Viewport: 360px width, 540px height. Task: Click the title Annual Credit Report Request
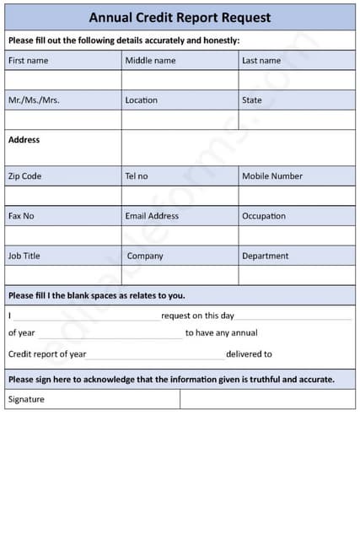[180, 17]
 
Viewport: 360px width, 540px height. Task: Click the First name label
[28, 61]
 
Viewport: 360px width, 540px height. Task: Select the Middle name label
[150, 61]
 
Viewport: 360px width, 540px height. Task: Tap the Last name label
[261, 61]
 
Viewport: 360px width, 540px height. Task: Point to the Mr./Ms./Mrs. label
[34, 100]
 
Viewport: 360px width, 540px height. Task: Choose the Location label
[141, 100]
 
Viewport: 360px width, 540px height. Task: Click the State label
[252, 100]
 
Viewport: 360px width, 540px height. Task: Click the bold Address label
[24, 140]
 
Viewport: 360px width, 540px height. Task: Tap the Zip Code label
[24, 176]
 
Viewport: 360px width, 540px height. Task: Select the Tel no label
[136, 176]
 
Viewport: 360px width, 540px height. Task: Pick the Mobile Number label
[272, 176]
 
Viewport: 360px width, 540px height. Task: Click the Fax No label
[21, 216]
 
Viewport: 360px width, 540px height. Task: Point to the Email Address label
[152, 216]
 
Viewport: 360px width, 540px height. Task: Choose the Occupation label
[264, 216]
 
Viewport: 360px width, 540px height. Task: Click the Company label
[145, 256]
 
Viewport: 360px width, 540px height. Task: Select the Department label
[265, 256]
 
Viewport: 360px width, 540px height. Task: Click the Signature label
[26, 399]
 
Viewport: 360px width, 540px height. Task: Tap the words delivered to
[249, 354]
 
